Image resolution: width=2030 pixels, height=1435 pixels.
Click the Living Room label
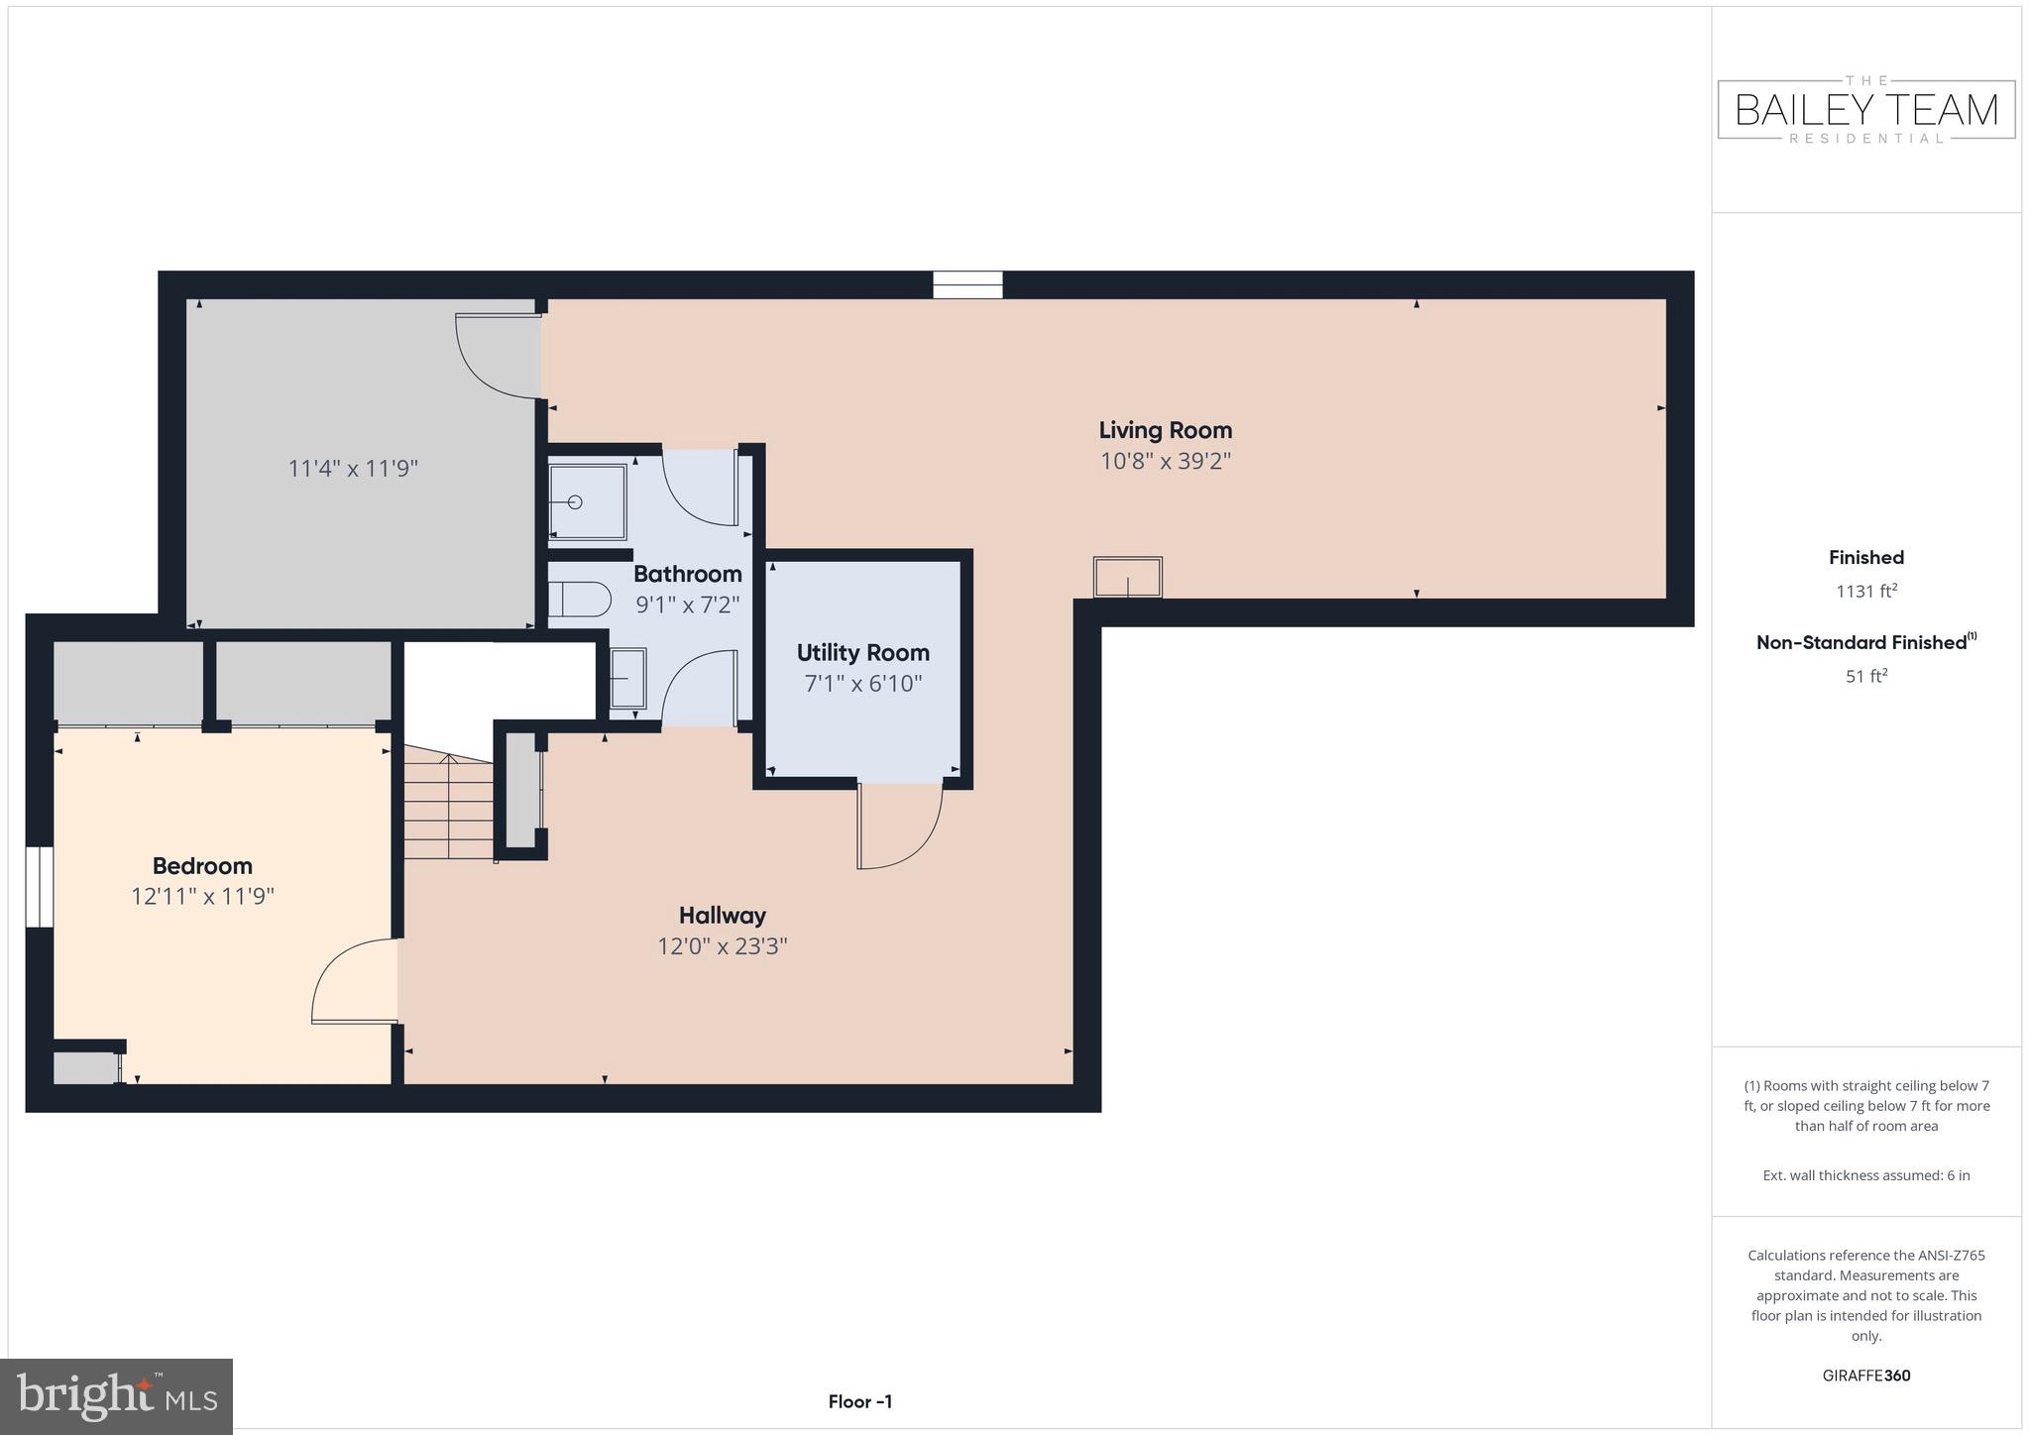[x=1165, y=430]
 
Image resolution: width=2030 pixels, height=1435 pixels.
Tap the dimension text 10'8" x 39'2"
[x=1165, y=461]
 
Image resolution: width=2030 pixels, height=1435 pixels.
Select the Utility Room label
[x=862, y=652]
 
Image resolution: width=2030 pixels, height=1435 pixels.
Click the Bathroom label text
[x=687, y=574]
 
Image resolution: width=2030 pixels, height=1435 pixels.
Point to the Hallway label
[x=722, y=915]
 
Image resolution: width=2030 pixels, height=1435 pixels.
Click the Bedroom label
[x=202, y=865]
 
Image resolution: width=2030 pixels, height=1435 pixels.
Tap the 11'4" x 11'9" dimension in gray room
[x=353, y=468]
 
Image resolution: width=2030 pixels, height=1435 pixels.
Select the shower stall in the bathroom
[x=587, y=501]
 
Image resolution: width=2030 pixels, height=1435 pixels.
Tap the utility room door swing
[x=897, y=826]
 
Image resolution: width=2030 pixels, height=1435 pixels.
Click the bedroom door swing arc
[x=352, y=981]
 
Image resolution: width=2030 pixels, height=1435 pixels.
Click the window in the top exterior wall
[x=967, y=284]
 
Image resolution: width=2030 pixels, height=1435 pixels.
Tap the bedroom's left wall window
[x=39, y=886]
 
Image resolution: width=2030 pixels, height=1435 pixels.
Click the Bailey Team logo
[x=1865, y=109]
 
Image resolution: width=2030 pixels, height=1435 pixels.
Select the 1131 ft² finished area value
[x=1865, y=592]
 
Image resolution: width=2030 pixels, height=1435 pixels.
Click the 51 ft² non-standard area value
[x=1865, y=677]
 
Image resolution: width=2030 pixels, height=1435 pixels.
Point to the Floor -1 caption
[x=859, y=1401]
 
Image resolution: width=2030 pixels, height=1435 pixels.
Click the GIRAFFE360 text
[x=1865, y=1376]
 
